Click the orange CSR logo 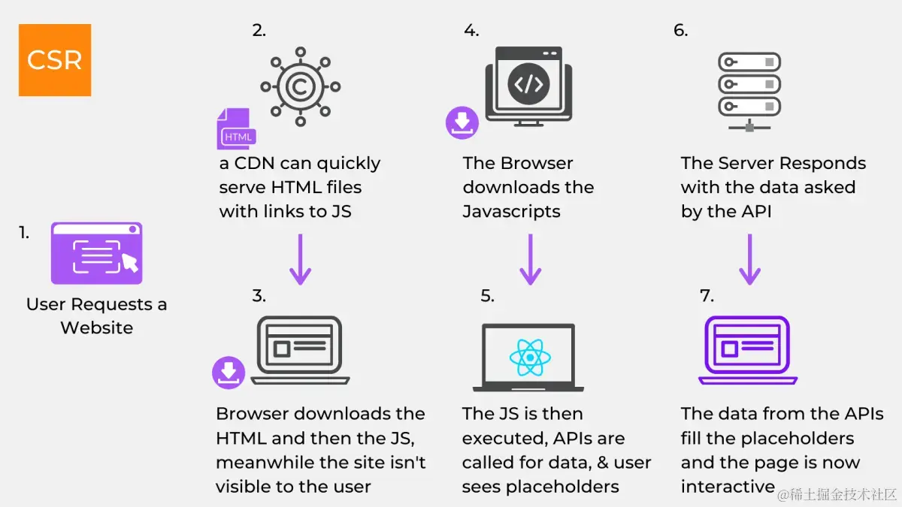pos(55,60)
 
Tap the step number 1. pos(24,233)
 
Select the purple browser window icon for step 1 pos(96,253)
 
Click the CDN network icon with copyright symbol pos(300,87)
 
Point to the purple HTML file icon pos(236,129)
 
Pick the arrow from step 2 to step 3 pos(300,259)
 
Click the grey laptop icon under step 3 pos(300,350)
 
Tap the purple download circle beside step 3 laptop pos(229,373)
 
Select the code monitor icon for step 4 pos(528,84)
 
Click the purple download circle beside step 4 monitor pos(462,122)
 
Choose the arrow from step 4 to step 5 pos(531,259)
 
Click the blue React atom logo pos(530,358)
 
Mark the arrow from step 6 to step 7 pos(749,259)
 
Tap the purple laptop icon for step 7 pos(748,350)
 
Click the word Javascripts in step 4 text pos(511,212)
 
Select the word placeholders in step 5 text pos(562,487)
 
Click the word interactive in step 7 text pos(727,487)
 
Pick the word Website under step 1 pos(96,327)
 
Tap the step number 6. pos(680,31)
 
